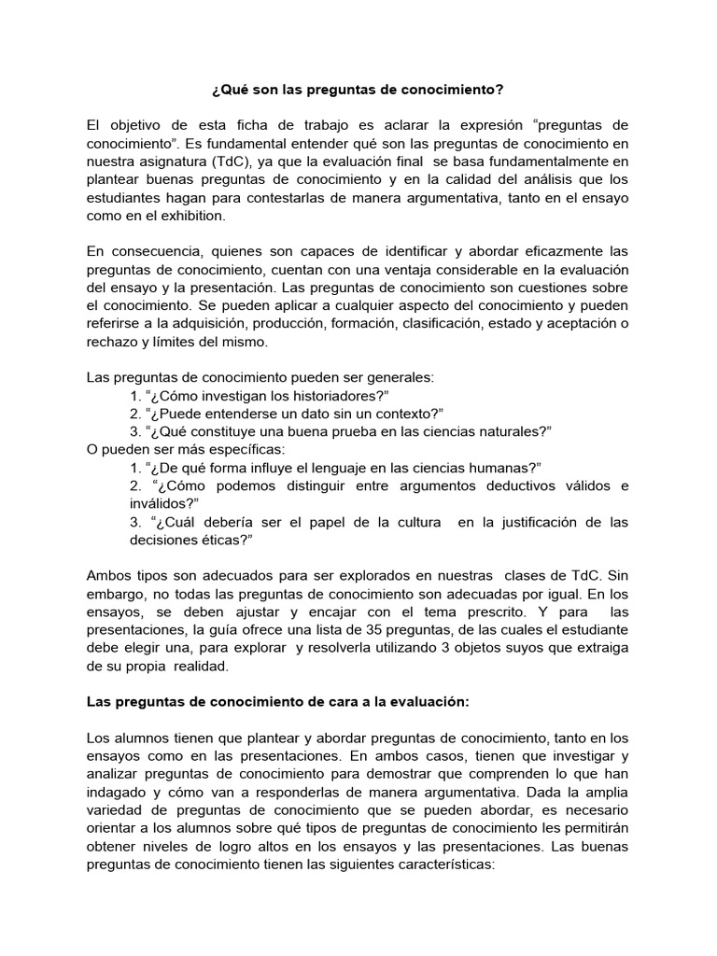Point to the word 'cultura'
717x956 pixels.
(x=406, y=522)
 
